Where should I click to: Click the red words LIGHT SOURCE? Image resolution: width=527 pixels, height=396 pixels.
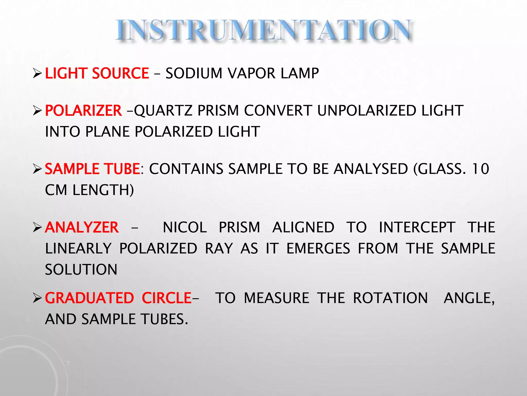coord(97,73)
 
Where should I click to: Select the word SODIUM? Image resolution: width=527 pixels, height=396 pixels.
coord(194,73)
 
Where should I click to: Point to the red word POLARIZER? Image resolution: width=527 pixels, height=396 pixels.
coord(83,111)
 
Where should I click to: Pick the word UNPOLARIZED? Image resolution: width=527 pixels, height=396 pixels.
coord(366,111)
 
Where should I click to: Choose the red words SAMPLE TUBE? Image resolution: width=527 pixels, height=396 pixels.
coord(92,169)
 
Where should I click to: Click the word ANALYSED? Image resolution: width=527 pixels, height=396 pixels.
coord(371,169)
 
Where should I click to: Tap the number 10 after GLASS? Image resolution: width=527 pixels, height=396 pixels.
coord(480,169)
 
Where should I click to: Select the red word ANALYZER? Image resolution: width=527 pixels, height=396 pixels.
coord(82,227)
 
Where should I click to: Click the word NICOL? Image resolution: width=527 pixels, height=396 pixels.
coord(185,227)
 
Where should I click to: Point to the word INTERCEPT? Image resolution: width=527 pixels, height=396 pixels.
coord(417,227)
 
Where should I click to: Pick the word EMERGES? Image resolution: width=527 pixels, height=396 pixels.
coord(318,249)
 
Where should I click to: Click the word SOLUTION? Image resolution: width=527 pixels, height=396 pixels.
coord(81,270)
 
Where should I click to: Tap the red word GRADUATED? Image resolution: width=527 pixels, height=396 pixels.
coord(89,298)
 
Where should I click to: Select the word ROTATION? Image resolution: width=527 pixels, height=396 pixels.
coord(390,298)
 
